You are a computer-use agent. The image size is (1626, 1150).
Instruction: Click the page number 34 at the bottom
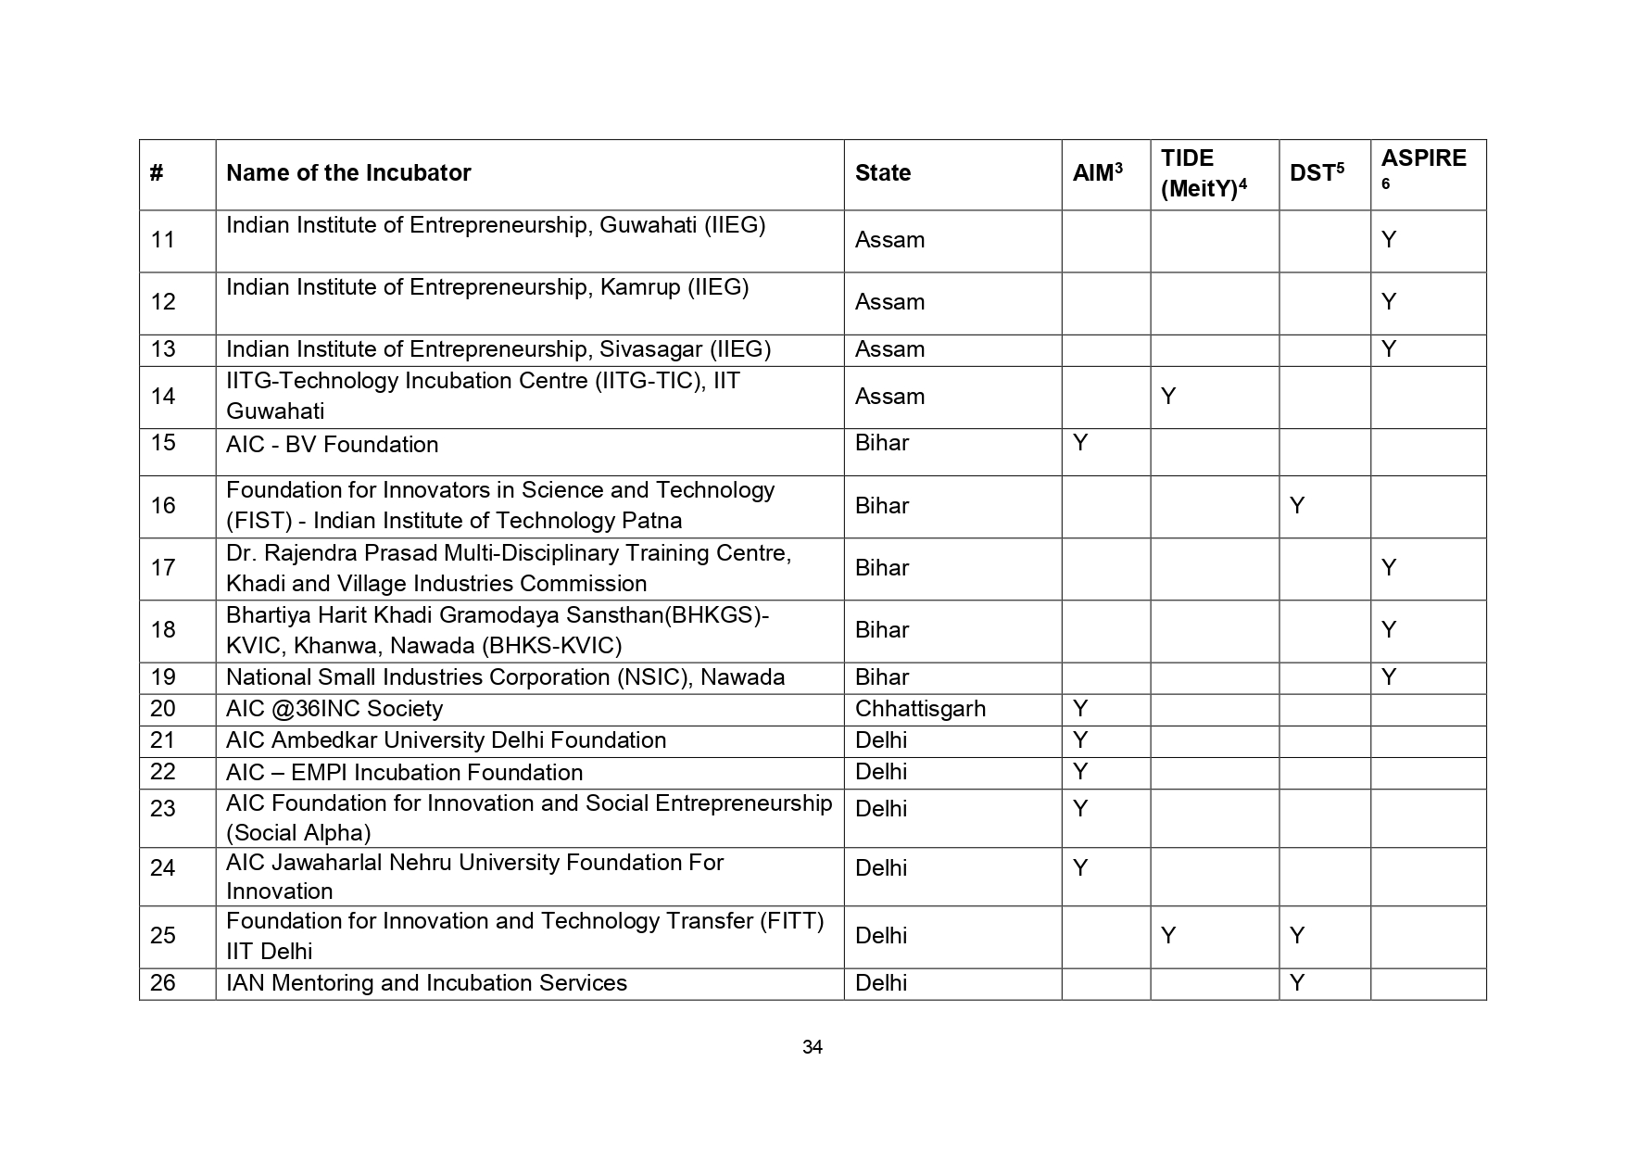tap(812, 1047)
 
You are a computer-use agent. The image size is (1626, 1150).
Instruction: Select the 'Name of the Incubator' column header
tap(348, 173)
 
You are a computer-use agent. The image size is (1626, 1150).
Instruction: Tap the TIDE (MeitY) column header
tap(1203, 173)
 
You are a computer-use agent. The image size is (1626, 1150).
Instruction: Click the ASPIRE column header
tap(1423, 159)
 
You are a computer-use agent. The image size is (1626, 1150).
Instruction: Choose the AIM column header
tap(1097, 173)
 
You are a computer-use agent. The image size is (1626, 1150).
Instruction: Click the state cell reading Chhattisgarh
tap(919, 709)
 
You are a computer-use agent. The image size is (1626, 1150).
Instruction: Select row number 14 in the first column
tap(163, 397)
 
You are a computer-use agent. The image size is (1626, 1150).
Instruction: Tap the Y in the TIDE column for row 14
tap(1168, 397)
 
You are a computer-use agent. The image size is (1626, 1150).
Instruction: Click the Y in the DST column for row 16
tap(1297, 506)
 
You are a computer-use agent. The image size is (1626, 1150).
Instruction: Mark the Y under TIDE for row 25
tap(1168, 936)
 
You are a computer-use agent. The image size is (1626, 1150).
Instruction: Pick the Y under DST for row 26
tap(1297, 983)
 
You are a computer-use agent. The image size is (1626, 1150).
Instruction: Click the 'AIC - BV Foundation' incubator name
tap(332, 445)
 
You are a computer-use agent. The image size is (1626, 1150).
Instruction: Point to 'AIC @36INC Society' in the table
tap(334, 709)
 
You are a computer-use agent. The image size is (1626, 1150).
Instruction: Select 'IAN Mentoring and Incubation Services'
tap(426, 983)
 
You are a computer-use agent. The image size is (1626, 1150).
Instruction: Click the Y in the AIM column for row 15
tap(1080, 443)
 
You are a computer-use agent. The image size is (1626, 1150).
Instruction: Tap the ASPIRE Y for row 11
tap(1388, 240)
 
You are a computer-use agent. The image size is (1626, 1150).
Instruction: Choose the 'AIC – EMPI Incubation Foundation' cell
tap(404, 773)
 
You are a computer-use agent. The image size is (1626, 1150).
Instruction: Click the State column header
tap(882, 173)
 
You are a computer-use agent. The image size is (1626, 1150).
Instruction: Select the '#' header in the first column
tap(157, 173)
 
